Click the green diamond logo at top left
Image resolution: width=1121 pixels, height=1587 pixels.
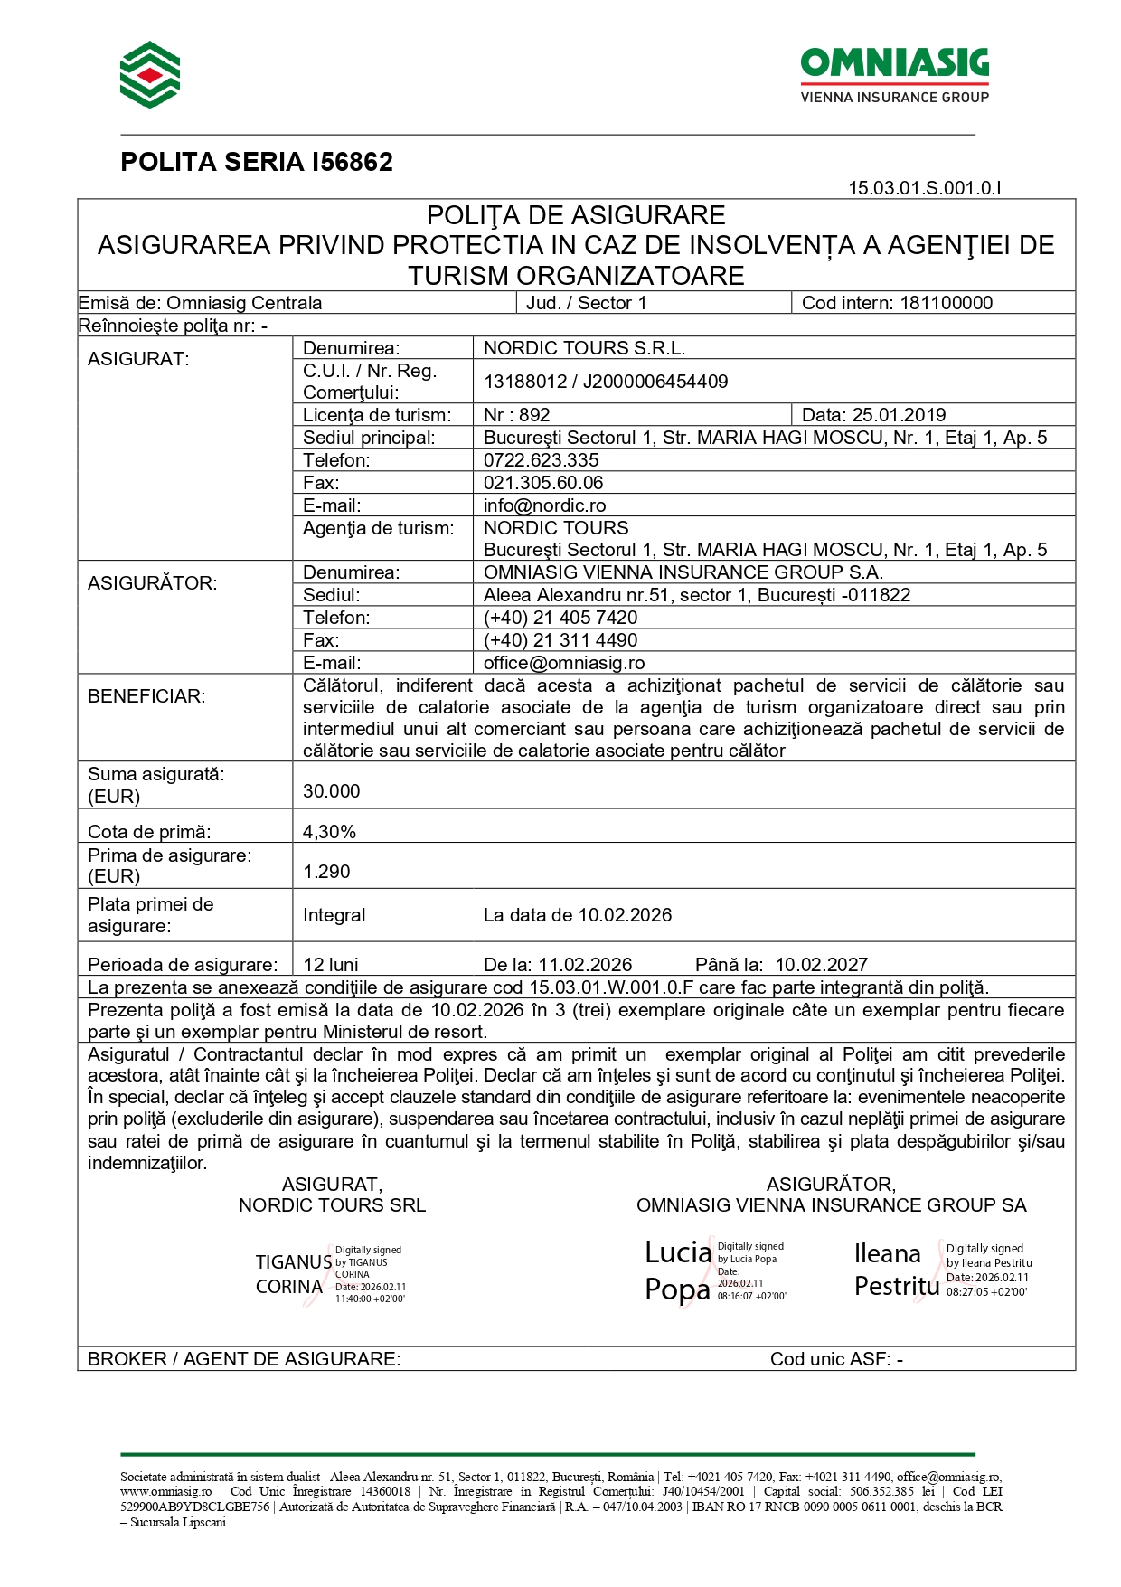click(150, 75)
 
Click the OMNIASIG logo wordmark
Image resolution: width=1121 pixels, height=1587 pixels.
click(894, 64)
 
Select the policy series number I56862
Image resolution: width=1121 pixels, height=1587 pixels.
click(352, 162)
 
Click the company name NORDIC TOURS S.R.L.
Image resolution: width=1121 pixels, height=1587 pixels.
click(584, 348)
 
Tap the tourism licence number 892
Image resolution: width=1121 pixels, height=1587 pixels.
click(534, 415)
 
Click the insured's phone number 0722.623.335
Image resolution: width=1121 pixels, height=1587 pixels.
click(541, 460)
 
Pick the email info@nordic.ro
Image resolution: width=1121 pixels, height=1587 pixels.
click(544, 505)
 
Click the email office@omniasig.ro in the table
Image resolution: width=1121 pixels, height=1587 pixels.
click(564, 663)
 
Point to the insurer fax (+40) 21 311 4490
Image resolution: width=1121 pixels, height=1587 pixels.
click(560, 640)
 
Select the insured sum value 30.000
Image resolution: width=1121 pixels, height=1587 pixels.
click(331, 791)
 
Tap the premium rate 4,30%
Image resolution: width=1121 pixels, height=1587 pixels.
click(329, 832)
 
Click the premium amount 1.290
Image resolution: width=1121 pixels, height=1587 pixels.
click(326, 872)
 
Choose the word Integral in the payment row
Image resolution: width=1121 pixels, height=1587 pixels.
click(334, 915)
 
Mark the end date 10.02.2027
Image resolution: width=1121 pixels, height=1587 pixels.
click(821, 965)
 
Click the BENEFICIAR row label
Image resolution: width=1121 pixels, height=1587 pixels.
click(146, 696)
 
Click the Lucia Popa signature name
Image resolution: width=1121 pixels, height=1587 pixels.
click(678, 1271)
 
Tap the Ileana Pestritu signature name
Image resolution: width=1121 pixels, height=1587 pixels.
click(895, 1270)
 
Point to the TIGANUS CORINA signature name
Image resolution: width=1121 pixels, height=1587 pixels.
click(293, 1274)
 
